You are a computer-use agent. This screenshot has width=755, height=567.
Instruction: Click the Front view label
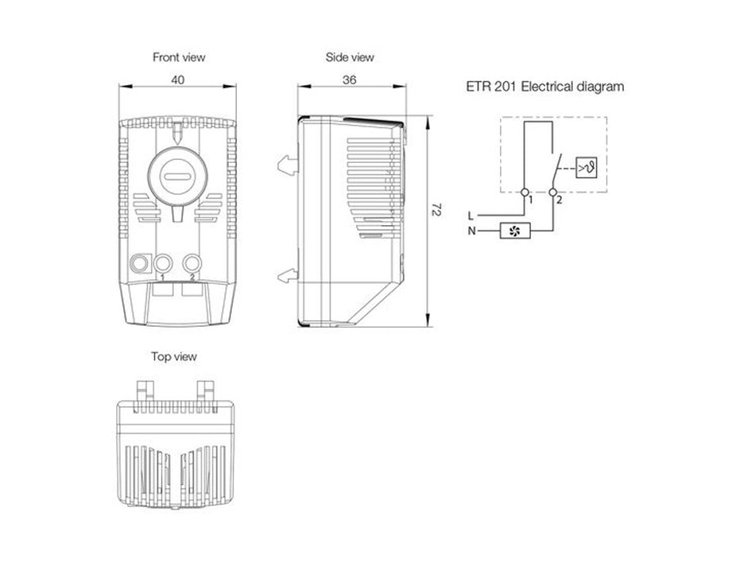[x=179, y=57]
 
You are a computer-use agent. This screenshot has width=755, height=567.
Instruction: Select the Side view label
[x=350, y=57]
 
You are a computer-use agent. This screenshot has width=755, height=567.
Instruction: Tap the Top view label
[x=174, y=356]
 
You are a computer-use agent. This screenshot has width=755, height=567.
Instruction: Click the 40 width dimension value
[x=178, y=80]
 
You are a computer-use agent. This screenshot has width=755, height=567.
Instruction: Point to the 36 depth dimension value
[x=350, y=80]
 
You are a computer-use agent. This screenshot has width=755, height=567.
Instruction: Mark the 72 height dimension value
[x=436, y=210]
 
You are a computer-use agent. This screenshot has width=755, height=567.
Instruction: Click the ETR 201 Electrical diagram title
[x=545, y=87]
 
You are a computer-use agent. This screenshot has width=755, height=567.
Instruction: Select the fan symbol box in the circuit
[x=515, y=231]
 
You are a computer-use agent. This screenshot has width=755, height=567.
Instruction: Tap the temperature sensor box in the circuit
[x=587, y=168]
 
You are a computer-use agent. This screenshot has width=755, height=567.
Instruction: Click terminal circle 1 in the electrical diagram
[x=525, y=192]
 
